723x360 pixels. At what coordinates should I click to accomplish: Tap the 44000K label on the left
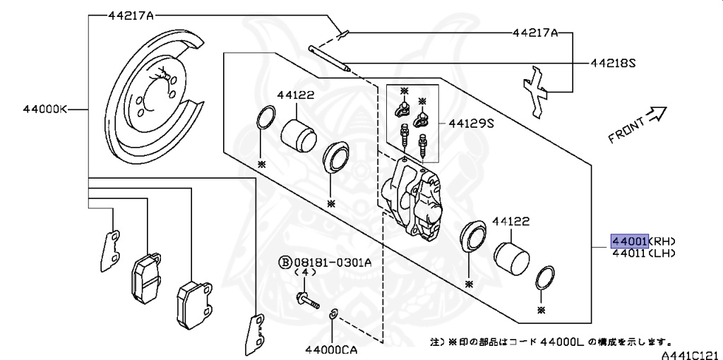44,109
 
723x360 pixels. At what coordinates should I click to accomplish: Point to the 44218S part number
614,63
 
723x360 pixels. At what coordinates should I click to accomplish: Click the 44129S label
470,123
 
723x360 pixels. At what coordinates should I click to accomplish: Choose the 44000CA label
333,349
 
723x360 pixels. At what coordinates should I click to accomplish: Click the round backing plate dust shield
155,95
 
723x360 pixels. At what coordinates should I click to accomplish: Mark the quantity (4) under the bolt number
305,272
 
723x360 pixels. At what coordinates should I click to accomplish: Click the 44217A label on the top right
535,32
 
